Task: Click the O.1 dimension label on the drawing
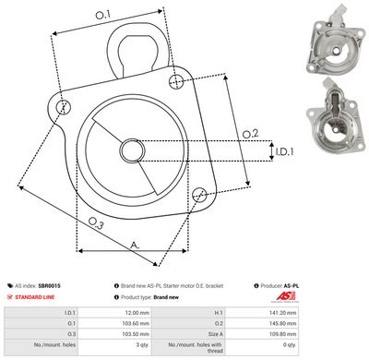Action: pos(102,15)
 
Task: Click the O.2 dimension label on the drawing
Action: pos(250,135)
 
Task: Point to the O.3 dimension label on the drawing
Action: pos(95,222)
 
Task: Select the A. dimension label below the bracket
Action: pos(136,245)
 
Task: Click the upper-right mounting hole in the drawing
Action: pos(176,83)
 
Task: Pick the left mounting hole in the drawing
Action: pos(63,108)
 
